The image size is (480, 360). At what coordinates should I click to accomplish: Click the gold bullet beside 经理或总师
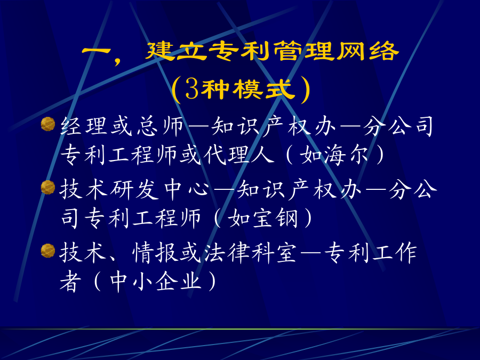coord(48,124)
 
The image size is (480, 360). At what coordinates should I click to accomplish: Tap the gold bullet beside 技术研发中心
coord(48,187)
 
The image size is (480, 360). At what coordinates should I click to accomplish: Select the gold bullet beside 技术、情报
coord(48,251)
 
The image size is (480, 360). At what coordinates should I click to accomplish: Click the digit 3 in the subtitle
coord(191,90)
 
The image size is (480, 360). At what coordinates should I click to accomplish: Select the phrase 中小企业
coord(156,282)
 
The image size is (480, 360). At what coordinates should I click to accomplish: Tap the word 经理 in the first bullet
coord(84,125)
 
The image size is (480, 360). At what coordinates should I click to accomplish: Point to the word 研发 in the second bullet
coord(135,189)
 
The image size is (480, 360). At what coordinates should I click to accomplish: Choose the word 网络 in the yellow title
coord(367,51)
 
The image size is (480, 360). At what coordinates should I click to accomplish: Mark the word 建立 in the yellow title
coord(177,51)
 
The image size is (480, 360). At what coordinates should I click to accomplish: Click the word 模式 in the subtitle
coord(262,89)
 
